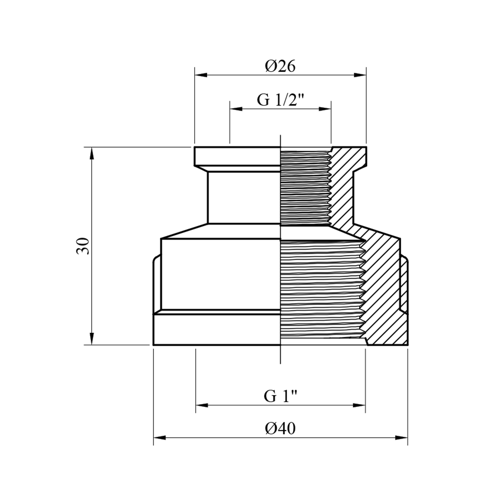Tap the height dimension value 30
[x=83, y=246]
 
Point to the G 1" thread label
[x=280, y=396]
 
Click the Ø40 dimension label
[x=280, y=429]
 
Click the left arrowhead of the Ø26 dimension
[x=201, y=75]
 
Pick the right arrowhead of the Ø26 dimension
[x=360, y=75]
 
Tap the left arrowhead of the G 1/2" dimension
[x=236, y=109]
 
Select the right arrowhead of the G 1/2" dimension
[x=325, y=109]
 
